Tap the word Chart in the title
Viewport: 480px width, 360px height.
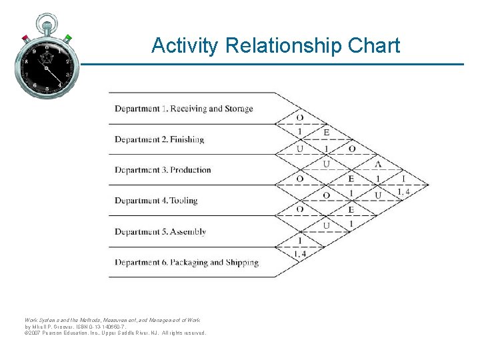[x=376, y=45]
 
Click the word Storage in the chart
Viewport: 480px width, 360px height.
[x=239, y=109]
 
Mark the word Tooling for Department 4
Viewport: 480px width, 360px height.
[x=183, y=201]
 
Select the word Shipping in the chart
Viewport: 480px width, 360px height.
[x=242, y=263]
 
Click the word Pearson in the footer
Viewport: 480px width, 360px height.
[x=54, y=333]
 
